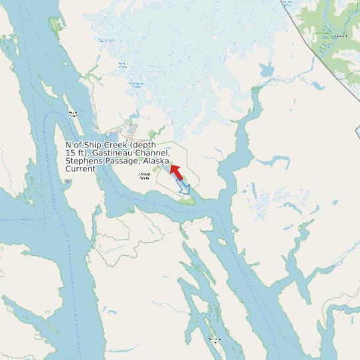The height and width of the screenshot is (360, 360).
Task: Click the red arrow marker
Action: [x=176, y=171]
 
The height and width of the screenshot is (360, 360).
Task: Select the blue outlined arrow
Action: [x=185, y=188]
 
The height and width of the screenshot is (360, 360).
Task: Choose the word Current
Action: [x=80, y=169]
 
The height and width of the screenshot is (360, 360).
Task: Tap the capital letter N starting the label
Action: [x=68, y=145]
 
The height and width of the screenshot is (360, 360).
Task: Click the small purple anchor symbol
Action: [x=67, y=181]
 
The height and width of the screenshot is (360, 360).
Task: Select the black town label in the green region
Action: [x=341, y=36]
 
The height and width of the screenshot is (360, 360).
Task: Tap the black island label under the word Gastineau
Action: [x=143, y=176]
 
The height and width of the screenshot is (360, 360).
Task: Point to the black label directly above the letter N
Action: [x=73, y=113]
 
